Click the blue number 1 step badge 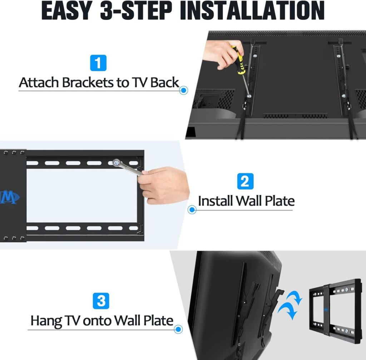[98, 63]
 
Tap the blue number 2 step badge [245, 181]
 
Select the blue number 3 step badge [101, 301]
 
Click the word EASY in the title [67, 11]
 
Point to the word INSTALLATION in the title [252, 11]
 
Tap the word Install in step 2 [215, 201]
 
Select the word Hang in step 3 [46, 321]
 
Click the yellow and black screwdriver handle [239, 60]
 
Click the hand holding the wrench [163, 185]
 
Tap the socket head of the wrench [116, 163]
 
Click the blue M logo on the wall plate [10, 197]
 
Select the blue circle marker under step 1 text [184, 90]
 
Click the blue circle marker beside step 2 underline [192, 209]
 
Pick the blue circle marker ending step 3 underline [178, 329]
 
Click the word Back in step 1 [164, 83]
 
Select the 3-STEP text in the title [136, 11]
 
